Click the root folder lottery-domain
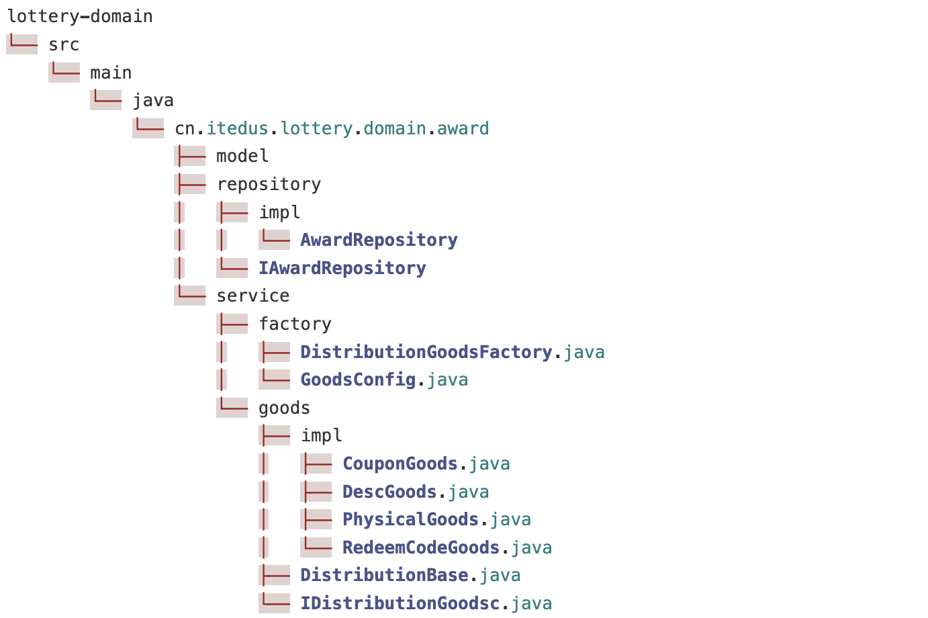(80, 16)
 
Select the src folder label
(64, 44)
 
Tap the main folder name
(111, 73)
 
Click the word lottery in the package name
(316, 128)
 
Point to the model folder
(242, 157)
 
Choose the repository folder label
(269, 184)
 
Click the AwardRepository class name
(379, 240)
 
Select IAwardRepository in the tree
(342, 268)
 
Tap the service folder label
(253, 296)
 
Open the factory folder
(295, 324)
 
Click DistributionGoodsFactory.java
(452, 352)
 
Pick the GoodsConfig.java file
(384, 380)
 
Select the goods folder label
(284, 408)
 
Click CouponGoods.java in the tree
(426, 463)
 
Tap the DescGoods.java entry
(416, 492)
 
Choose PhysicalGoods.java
(436, 519)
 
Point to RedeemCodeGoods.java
(447, 547)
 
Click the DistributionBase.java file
(410, 575)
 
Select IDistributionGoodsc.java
(426, 603)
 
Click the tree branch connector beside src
(21, 44)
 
